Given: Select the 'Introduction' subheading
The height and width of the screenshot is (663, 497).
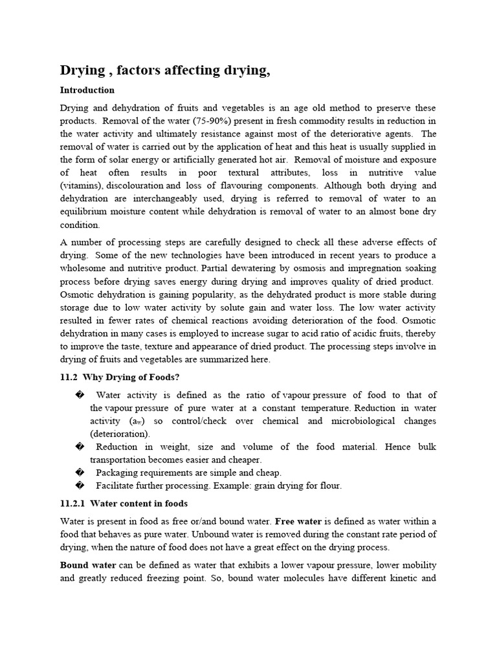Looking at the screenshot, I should pos(87,90).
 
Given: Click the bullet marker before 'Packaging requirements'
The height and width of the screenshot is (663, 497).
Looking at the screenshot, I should pos(80,473).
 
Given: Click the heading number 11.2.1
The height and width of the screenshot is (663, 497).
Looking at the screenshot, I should pos(72,503).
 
